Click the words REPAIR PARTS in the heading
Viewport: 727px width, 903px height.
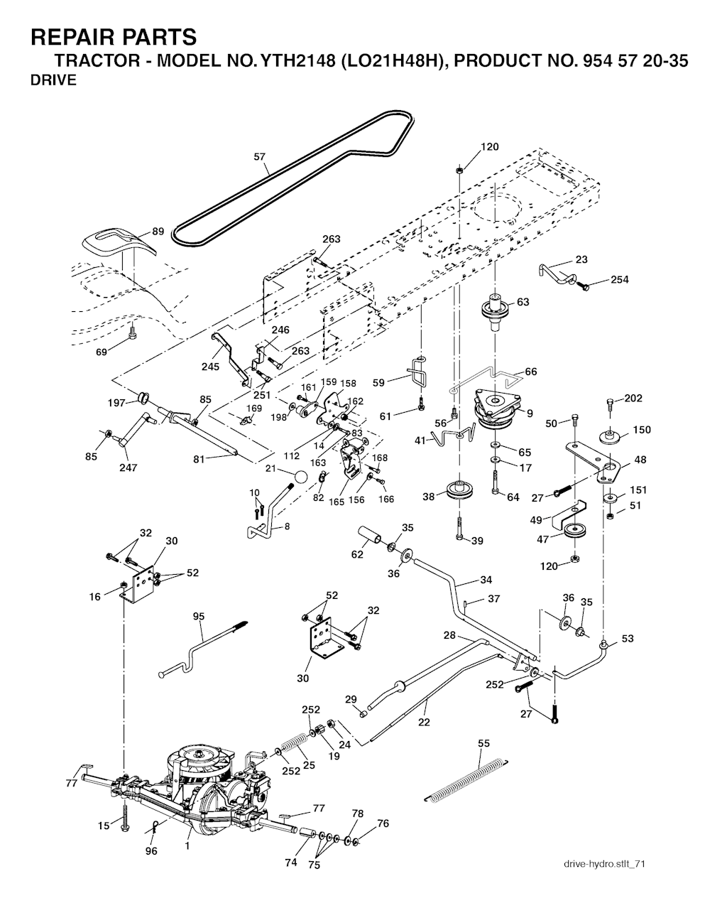click(114, 36)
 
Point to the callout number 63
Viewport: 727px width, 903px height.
click(523, 302)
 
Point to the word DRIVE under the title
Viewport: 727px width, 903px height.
click(53, 80)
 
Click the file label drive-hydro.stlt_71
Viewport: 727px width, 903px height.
click(603, 864)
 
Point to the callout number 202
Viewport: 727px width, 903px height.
click(633, 398)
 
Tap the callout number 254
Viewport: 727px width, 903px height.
click(619, 279)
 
